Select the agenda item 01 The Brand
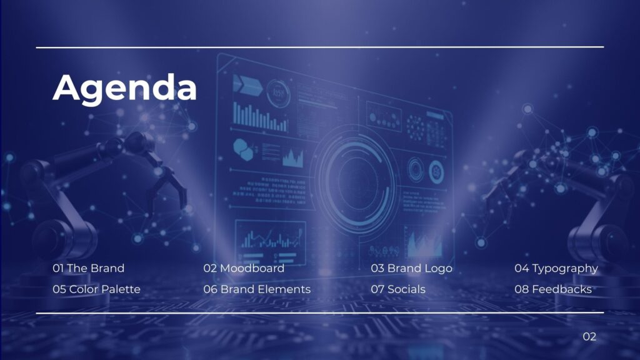tap(89, 268)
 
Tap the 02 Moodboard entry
tap(244, 268)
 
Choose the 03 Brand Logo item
tap(411, 269)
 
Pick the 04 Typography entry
tap(556, 269)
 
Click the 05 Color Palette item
tap(96, 289)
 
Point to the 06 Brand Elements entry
tap(257, 289)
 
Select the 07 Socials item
tap(398, 289)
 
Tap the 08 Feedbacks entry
tap(553, 289)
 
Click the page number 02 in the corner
tap(589, 336)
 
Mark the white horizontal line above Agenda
tap(320, 47)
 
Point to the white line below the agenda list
tap(320, 313)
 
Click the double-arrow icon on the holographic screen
tap(247, 84)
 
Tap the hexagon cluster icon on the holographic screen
tap(244, 149)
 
